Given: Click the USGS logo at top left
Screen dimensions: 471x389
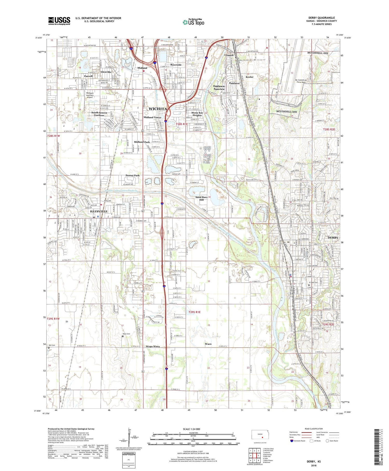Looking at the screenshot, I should pos(59,21).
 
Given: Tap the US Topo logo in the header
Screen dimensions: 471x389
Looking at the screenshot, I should pos(193,22).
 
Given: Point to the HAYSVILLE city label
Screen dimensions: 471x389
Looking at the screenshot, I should pos(95,211).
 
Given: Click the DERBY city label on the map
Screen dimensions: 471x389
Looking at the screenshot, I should pos(333,238).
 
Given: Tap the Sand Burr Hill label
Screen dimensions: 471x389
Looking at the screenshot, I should pos(201,198).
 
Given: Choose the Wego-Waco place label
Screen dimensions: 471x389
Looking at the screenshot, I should pos(152,347).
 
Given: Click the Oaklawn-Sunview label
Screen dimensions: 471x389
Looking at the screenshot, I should pos(219,88).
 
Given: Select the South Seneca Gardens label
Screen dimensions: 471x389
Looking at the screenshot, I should pos(99,114).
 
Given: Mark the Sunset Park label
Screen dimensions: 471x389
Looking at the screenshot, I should pos(133,175).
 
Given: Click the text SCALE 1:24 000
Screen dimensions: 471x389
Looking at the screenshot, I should pos(191,429).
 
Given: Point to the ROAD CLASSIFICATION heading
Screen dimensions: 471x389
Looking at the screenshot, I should pos(314,429).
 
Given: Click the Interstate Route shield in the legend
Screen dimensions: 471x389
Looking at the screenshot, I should pos(292,441).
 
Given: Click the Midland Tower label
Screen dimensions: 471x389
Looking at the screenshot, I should pos(152,117).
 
